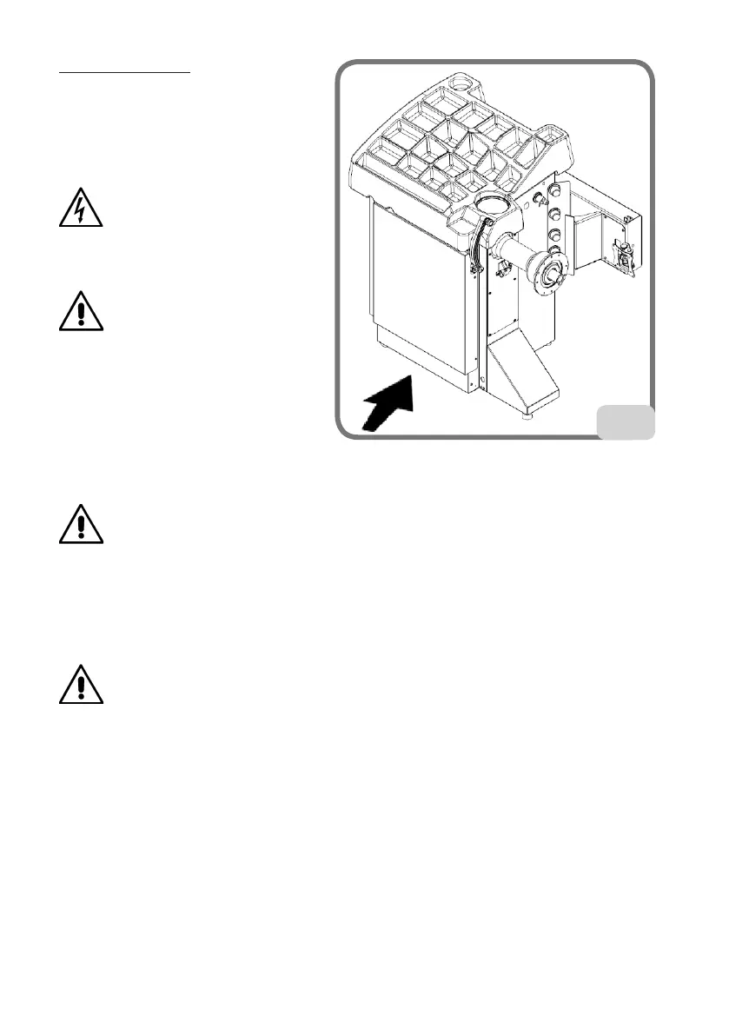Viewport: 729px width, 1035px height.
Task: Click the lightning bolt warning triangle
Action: [x=82, y=208]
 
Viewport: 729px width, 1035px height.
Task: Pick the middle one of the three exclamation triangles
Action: [x=82, y=524]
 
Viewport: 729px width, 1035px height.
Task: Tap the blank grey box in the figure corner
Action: [x=626, y=421]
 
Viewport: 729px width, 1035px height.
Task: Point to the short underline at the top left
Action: [x=124, y=74]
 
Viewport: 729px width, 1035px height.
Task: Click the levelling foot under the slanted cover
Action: [x=527, y=416]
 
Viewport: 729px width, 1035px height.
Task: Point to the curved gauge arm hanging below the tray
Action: [x=476, y=252]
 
